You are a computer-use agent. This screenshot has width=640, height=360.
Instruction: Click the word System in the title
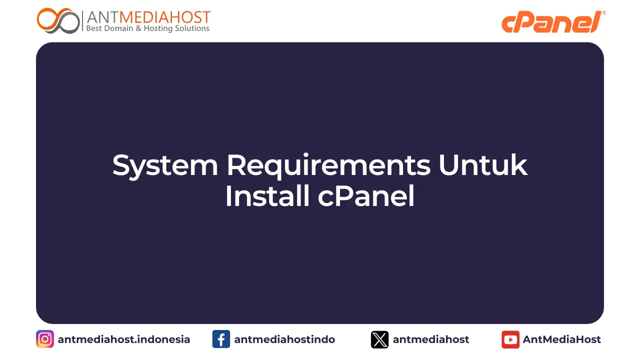(x=165, y=165)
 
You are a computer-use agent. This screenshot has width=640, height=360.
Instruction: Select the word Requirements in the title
(x=328, y=165)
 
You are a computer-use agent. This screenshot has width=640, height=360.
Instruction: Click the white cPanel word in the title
(x=366, y=196)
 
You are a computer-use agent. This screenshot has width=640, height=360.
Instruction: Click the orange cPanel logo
(x=551, y=22)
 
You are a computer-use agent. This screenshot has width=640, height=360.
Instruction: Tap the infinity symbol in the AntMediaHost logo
(x=58, y=20)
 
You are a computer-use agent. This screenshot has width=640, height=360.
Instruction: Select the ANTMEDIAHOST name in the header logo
(x=148, y=17)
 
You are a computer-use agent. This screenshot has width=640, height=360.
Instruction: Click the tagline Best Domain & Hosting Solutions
(x=148, y=28)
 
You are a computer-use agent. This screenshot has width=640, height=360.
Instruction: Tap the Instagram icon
(x=45, y=339)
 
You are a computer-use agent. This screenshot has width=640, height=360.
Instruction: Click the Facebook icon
(x=221, y=339)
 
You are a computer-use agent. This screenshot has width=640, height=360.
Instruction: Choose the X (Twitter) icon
(x=379, y=339)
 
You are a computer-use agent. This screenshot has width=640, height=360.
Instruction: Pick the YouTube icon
(x=510, y=339)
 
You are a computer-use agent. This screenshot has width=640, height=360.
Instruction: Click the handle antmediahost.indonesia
(x=124, y=339)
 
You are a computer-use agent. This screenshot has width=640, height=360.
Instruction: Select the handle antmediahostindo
(x=284, y=339)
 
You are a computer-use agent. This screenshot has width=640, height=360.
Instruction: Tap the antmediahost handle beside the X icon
(x=431, y=339)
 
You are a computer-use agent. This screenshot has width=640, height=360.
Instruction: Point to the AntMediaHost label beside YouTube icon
(x=562, y=339)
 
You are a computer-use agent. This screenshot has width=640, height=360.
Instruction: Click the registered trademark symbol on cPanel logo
(x=603, y=13)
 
